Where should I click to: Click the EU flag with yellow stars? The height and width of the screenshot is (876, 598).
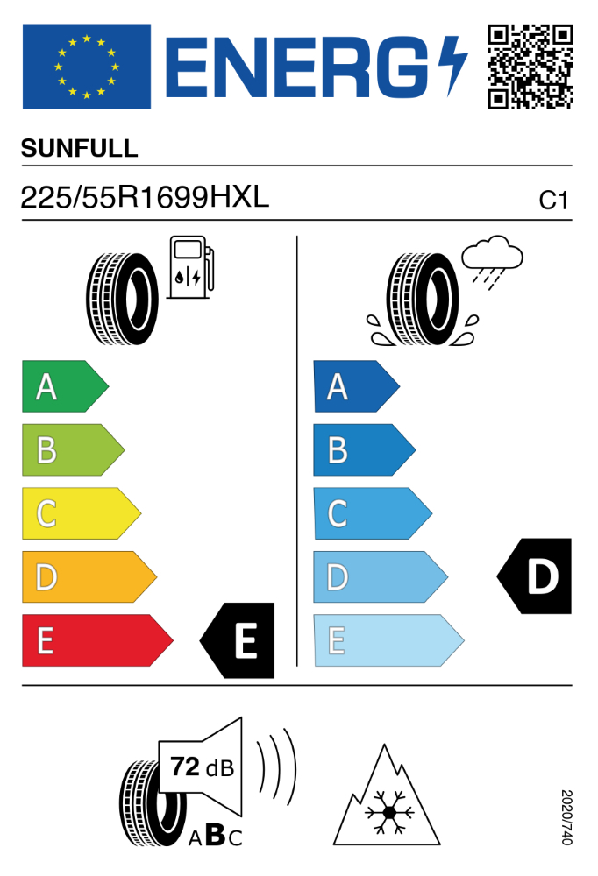point(87,67)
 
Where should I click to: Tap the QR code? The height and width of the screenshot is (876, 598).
point(530,67)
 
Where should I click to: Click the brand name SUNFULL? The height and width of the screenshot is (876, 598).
point(80,149)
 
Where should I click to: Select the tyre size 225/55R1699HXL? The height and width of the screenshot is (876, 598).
point(145,197)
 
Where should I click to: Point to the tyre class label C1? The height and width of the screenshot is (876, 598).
point(553,201)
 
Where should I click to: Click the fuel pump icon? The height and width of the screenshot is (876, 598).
point(191,267)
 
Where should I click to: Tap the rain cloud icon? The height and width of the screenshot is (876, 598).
point(492,261)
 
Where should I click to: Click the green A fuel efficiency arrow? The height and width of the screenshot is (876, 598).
point(66,386)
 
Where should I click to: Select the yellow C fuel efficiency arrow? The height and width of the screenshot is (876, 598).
point(82,513)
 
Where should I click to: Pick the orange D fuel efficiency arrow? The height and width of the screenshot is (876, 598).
point(89,577)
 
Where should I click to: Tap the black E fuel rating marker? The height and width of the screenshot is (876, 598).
point(238,641)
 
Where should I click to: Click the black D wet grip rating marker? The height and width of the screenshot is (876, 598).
point(534,576)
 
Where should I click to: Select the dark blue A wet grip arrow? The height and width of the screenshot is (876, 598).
point(356,386)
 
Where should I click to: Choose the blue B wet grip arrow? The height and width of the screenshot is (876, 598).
point(364,449)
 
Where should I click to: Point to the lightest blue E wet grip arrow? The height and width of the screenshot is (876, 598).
point(388,641)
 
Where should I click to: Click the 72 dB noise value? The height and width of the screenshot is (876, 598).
point(202,767)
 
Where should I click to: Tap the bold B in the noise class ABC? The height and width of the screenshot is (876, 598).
point(216,835)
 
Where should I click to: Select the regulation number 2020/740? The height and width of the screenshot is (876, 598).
point(566,817)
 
